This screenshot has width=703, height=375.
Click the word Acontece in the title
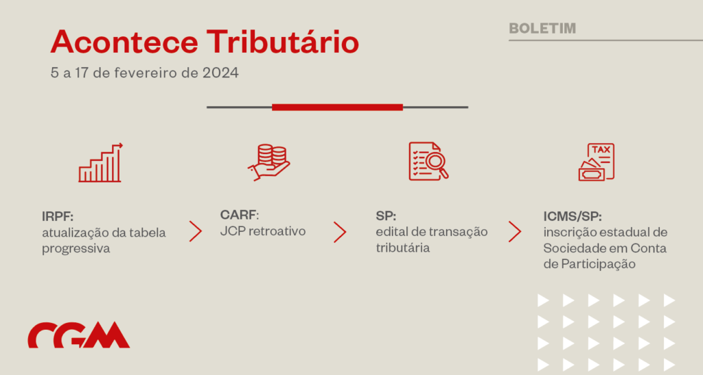pos(124,42)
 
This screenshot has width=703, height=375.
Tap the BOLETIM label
pos(542,28)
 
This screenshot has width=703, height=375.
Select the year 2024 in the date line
pos(220,73)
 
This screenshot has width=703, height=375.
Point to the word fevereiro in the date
pos(146,73)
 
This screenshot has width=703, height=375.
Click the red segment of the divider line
pos(337,107)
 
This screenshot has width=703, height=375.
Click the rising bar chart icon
pos(100,163)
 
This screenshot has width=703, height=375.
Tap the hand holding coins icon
pos(269,162)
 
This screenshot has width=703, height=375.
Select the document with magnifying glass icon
pos(428,162)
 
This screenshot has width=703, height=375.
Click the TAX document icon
pos(597,162)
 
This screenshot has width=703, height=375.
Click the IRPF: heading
pos(58,217)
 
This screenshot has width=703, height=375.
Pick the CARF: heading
pos(240,215)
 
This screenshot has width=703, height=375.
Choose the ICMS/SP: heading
pos(573,217)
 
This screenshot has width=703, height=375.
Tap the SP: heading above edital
pos(386,216)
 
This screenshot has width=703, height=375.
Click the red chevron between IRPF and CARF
pos(196,231)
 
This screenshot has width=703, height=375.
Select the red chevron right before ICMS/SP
pos(515,231)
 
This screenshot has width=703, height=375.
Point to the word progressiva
pos(76,249)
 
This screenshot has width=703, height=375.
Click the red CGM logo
pos(79,335)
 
